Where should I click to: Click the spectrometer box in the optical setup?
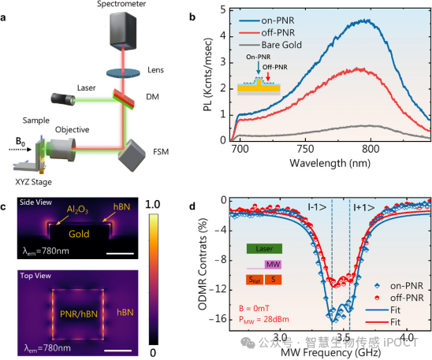(x=123, y=30)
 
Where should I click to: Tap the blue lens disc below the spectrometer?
(x=123, y=72)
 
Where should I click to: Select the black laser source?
(x=63, y=98)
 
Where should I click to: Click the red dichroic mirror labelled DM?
(x=124, y=98)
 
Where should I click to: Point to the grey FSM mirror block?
(x=132, y=155)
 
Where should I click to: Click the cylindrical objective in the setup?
(x=62, y=150)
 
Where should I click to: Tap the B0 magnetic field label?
(x=20, y=142)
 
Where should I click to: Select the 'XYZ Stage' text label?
(x=33, y=182)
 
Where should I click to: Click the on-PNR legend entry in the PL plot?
(x=266, y=20)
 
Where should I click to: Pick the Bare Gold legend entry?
(x=270, y=45)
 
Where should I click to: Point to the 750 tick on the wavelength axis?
(x=305, y=149)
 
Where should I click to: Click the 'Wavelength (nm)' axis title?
(x=330, y=163)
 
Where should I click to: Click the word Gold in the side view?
(x=79, y=234)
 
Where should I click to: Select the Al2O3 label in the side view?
(x=77, y=210)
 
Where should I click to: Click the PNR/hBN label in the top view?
(x=79, y=314)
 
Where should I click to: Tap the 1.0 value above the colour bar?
(x=152, y=205)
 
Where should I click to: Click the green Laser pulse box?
(x=264, y=248)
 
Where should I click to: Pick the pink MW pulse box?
(x=273, y=265)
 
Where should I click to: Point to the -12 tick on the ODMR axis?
(x=218, y=290)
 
